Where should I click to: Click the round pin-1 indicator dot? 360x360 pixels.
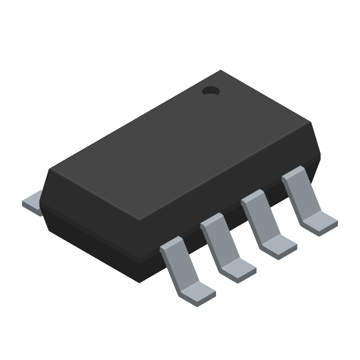pyautogui.click(x=210, y=91)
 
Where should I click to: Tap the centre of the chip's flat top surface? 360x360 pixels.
pyautogui.click(x=180, y=145)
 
